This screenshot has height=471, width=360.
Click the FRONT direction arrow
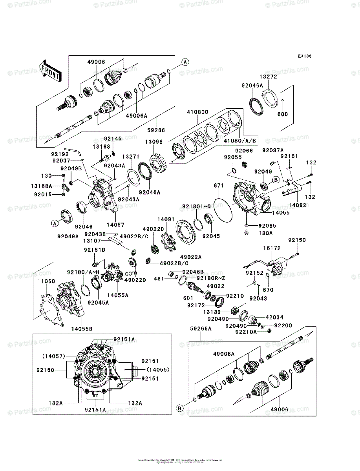point(49,70)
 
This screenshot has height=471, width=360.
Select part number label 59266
point(157,130)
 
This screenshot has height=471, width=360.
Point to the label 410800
point(197,113)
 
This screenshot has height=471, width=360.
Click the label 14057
point(116,225)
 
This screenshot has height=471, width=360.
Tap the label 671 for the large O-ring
point(219,185)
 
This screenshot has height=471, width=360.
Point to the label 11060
point(46,282)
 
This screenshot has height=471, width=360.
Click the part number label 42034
point(274,317)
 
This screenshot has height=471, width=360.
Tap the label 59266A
point(201,329)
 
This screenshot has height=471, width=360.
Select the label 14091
point(165,220)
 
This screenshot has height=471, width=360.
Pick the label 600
point(283,114)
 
